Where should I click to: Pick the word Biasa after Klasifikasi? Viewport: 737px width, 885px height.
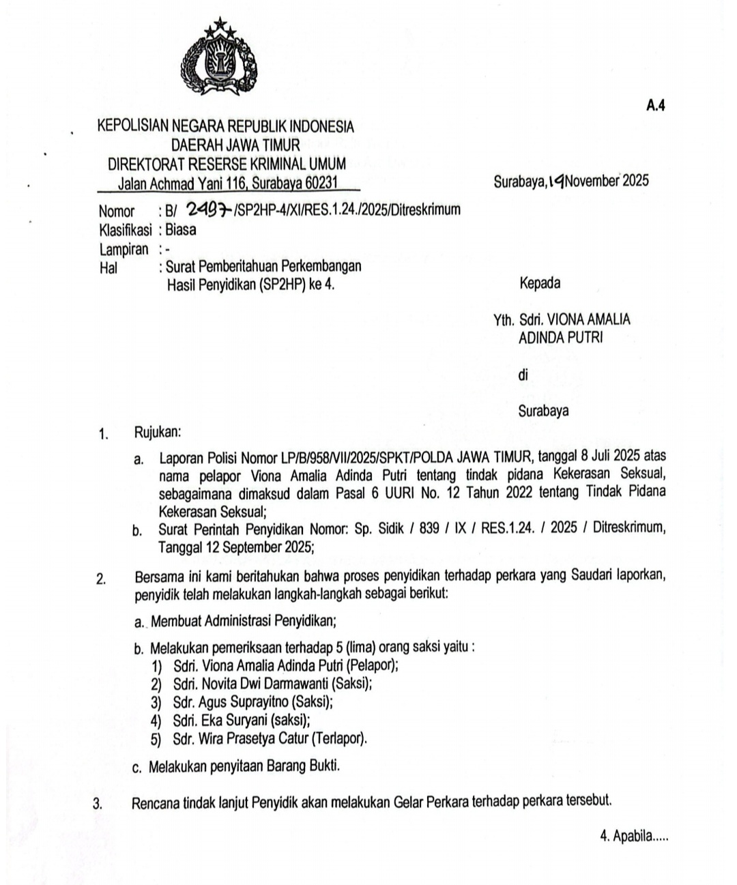(181, 229)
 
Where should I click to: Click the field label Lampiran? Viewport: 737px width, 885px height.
(124, 249)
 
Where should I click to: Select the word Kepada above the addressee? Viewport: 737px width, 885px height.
(540, 282)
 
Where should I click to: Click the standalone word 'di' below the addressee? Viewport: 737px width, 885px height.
(523, 374)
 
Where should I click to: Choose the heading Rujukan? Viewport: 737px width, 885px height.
(158, 432)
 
